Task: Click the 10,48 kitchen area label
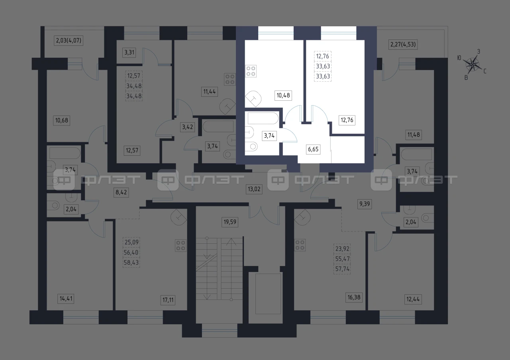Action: [283, 95]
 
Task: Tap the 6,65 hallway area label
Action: [313, 149]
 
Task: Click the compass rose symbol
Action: [473, 65]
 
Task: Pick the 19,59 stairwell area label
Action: [230, 222]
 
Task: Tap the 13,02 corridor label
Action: [254, 189]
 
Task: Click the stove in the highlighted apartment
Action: [251, 71]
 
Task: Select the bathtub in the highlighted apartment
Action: [263, 118]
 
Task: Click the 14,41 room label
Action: [66, 299]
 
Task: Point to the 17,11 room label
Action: [168, 300]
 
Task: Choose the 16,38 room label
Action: [354, 297]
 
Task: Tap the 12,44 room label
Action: [413, 299]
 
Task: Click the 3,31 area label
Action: [129, 53]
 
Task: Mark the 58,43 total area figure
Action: [131, 262]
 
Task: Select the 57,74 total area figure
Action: [342, 269]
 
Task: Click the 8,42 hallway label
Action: [121, 192]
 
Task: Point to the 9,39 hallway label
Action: [365, 204]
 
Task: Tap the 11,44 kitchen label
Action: [210, 92]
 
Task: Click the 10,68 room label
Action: [61, 120]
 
